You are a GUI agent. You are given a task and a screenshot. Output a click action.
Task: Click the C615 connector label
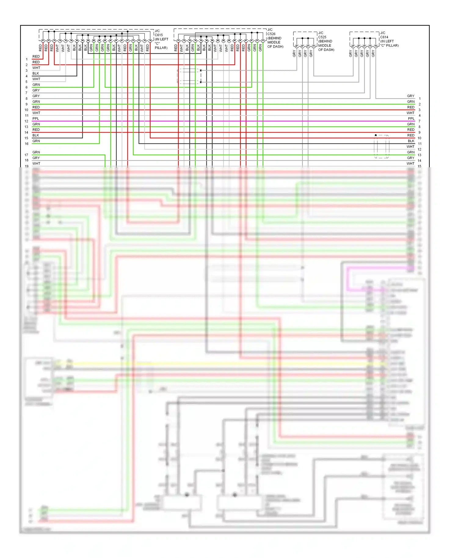159,35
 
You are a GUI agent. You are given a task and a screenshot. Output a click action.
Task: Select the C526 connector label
271,34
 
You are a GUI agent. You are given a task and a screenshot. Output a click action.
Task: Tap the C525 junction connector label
322,37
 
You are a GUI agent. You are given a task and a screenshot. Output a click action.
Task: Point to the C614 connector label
384,37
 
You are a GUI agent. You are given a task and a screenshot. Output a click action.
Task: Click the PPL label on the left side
36,118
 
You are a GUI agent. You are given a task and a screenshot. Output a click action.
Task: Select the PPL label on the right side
411,118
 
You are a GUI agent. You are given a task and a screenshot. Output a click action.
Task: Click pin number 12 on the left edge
27,121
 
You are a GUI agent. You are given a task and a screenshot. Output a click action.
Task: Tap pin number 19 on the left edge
27,166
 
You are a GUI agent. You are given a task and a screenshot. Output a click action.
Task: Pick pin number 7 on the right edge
420,121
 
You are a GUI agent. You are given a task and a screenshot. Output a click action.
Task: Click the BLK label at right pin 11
411,141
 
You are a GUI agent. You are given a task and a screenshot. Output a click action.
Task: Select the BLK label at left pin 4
36,73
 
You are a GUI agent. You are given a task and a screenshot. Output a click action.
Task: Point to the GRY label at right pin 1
411,96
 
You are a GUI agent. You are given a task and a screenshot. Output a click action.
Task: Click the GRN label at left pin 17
36,152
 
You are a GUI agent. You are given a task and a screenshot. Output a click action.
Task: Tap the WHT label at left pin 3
36,68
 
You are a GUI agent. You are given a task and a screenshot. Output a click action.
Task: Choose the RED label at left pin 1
36,56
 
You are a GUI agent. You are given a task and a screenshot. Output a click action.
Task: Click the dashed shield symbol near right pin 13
382,147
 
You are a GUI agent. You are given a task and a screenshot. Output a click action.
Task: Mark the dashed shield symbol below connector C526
189,76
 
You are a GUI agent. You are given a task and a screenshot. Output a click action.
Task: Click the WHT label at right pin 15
410,164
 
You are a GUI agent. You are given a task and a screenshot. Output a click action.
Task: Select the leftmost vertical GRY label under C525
294,53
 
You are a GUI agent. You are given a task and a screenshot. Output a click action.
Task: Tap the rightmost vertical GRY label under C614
373,53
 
